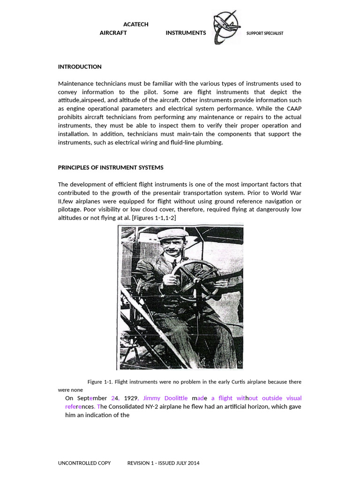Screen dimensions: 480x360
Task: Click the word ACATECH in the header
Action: pos(135,24)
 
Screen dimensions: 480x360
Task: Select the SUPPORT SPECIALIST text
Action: pos(265,33)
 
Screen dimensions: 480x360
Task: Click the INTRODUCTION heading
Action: pos(80,67)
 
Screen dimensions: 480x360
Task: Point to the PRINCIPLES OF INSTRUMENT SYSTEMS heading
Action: pos(111,167)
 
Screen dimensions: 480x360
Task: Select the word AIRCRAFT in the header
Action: pos(113,33)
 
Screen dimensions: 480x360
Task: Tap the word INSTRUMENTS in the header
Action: pos(186,33)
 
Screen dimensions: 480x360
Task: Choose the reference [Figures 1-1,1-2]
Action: pos(154,218)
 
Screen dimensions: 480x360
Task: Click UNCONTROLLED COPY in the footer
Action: pos(84,463)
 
